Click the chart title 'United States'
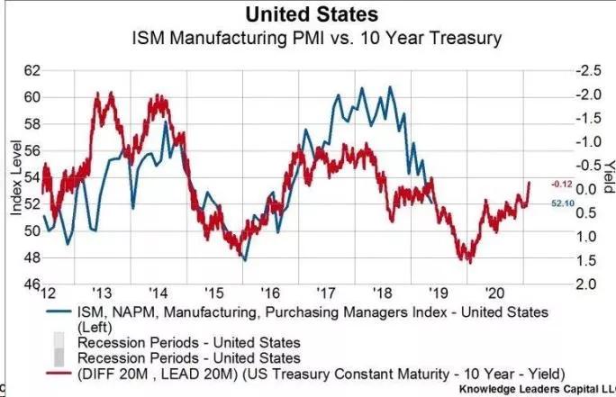click(x=309, y=14)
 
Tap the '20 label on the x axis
click(x=494, y=294)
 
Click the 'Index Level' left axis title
click(x=15, y=176)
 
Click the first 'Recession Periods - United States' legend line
click(x=189, y=343)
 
